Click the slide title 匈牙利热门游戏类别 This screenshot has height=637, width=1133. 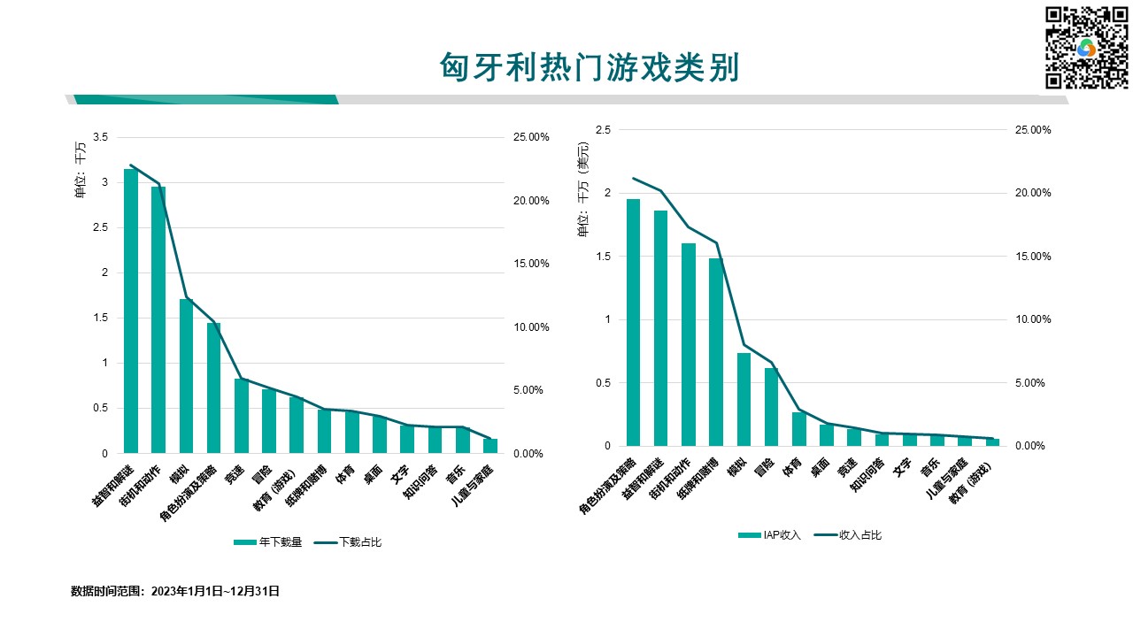[x=589, y=67]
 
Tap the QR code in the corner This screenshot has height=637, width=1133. [x=1087, y=48]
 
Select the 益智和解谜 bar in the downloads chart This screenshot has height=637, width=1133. [x=131, y=311]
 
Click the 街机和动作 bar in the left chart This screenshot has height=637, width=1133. [x=158, y=319]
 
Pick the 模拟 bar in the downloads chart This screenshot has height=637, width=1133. [x=186, y=376]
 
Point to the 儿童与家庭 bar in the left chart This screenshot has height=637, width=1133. [x=490, y=446]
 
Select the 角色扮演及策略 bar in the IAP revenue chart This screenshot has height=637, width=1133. [x=633, y=323]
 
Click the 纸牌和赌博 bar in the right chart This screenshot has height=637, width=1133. [x=715, y=352]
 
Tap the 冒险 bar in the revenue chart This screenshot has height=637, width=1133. [x=771, y=407]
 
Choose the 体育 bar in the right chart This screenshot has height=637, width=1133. [x=798, y=429]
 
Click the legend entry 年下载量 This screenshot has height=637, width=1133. [x=270, y=542]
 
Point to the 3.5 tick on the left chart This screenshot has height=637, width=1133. [x=100, y=137]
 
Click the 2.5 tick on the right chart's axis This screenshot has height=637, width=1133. [x=603, y=130]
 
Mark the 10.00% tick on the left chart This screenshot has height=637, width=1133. [x=531, y=327]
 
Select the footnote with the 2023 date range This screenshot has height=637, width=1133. [x=175, y=591]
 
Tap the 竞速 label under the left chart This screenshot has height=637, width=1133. [x=235, y=475]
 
